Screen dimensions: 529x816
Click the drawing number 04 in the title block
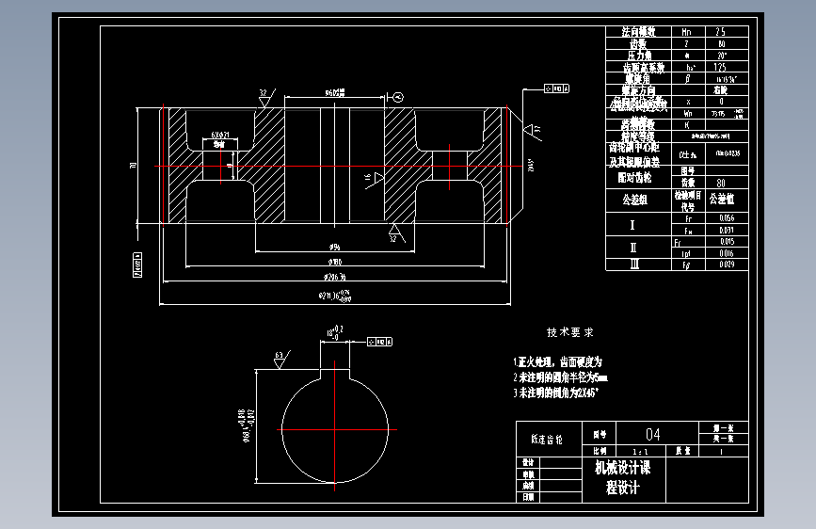652,435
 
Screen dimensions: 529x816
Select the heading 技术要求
570,332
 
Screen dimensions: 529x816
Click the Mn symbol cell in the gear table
690,31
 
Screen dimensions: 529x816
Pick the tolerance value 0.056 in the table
726,218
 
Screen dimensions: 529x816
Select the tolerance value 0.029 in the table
726,264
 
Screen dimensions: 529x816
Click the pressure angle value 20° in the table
721,56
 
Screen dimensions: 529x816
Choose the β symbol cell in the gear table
690,79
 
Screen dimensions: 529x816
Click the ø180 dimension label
334,261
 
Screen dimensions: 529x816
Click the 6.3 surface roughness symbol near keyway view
280,358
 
